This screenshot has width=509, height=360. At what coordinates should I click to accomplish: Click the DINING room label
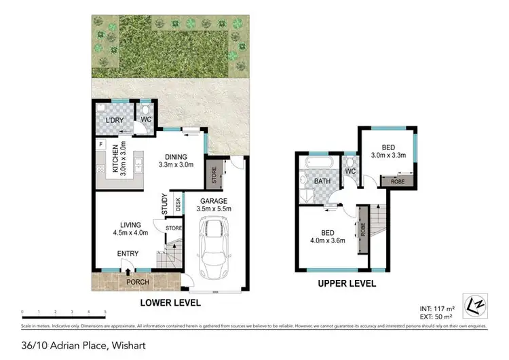click(x=176, y=160)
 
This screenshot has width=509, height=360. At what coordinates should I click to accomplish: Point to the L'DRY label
click(x=113, y=120)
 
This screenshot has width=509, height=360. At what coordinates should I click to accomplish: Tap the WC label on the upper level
click(x=350, y=171)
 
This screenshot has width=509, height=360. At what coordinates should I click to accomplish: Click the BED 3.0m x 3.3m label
click(x=388, y=151)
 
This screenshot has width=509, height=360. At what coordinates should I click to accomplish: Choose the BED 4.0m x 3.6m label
click(x=328, y=235)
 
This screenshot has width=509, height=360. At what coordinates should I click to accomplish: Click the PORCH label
click(x=136, y=282)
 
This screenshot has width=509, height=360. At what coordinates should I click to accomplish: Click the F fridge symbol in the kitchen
click(x=100, y=144)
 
